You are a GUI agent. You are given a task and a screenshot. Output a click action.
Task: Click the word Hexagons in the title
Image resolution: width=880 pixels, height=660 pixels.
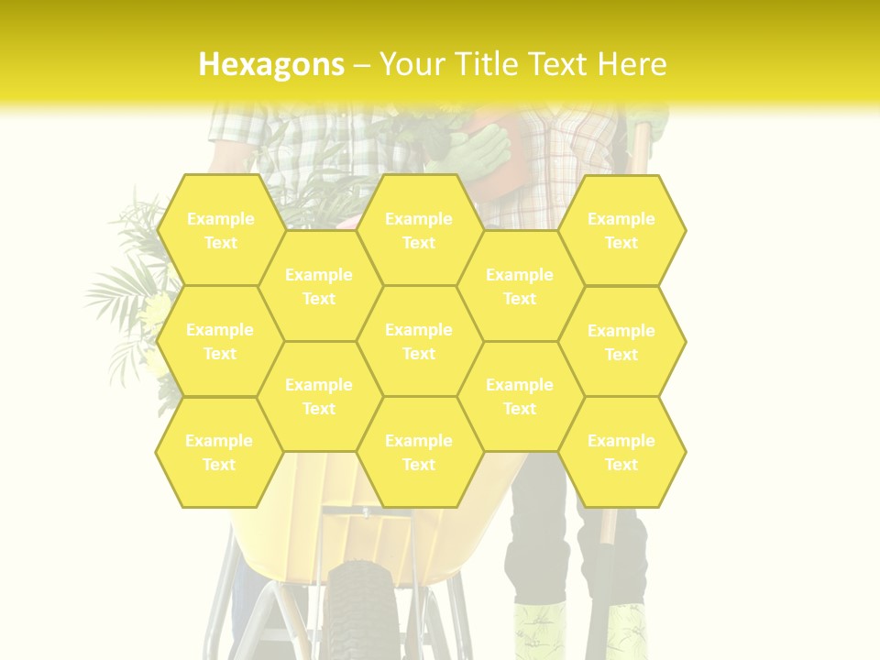point(271,64)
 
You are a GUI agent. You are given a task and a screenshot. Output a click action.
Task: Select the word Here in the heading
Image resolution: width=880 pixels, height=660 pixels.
point(632,64)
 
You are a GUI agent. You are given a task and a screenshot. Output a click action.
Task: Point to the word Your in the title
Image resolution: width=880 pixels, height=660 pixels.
point(411,64)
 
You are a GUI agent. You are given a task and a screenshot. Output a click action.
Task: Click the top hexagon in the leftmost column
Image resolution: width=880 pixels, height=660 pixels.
point(220,230)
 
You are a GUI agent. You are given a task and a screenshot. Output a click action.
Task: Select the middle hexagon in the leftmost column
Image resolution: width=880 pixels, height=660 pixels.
point(220,341)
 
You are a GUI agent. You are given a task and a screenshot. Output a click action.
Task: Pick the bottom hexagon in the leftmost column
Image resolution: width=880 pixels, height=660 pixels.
point(219,452)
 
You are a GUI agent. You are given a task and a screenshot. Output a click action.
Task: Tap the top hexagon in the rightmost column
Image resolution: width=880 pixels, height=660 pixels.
point(621,230)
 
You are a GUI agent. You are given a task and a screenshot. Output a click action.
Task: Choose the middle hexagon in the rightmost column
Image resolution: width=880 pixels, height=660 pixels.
point(621,342)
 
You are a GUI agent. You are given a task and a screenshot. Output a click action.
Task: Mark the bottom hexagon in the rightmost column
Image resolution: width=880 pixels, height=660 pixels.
point(621,452)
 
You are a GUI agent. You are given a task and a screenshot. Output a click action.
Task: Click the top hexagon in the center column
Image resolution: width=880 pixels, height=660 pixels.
point(419,230)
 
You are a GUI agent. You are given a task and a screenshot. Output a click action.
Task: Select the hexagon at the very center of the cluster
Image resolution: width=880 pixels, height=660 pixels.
point(419,341)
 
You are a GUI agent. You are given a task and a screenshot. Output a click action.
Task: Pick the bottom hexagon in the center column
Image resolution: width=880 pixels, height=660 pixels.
point(419,452)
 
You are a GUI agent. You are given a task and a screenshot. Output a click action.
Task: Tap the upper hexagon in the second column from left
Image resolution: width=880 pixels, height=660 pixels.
point(319,286)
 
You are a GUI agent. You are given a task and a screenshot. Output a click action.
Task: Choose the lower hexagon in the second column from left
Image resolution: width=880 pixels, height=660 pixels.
point(319,396)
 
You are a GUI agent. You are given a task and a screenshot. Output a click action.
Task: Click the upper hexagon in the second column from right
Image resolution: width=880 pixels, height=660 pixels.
point(520,286)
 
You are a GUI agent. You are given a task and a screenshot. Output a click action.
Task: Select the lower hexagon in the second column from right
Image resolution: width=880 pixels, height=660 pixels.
point(520,396)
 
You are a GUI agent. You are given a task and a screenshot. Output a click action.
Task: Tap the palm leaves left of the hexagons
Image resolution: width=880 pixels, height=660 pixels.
point(124,284)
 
